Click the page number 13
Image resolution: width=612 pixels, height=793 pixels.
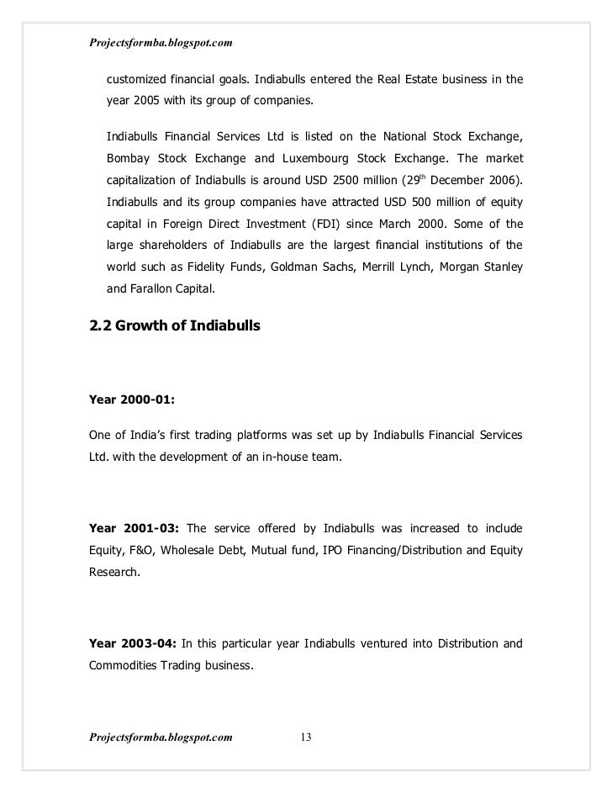pyautogui.click(x=306, y=737)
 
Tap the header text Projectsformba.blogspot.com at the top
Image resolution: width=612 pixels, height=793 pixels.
pyautogui.click(x=160, y=42)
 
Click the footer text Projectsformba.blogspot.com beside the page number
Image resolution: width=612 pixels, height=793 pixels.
pyautogui.click(x=160, y=737)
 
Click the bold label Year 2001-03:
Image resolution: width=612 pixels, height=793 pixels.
pyautogui.click(x=133, y=529)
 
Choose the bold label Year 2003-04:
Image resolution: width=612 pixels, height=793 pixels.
pyautogui.click(x=133, y=645)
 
